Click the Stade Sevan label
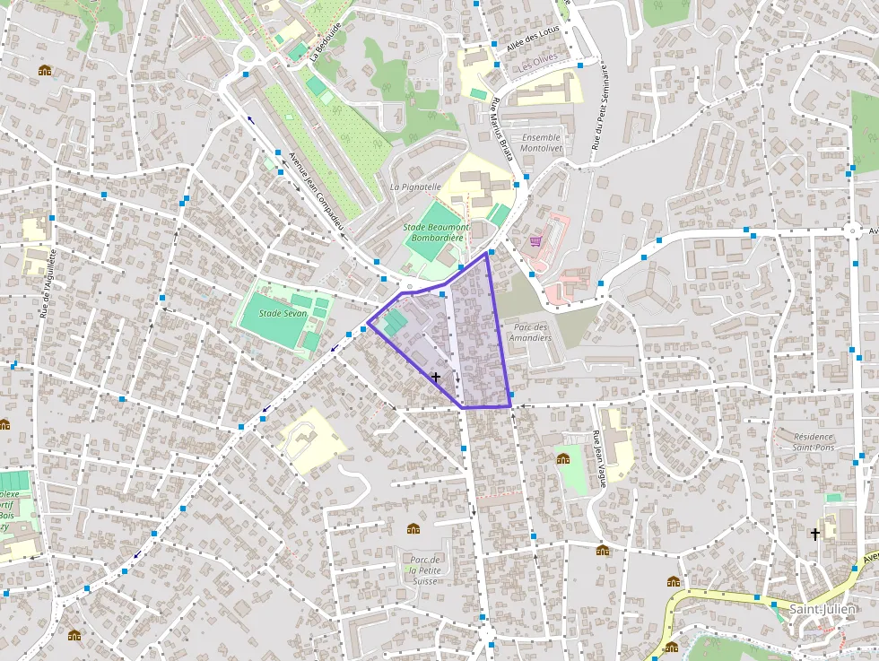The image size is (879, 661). pyautogui.click(x=283, y=314)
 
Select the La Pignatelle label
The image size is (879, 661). pyautogui.click(x=415, y=187)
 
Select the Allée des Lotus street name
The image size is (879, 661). pyautogui.click(x=532, y=41)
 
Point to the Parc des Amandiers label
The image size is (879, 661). pyautogui.click(x=529, y=332)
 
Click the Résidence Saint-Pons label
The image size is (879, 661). pyautogui.click(x=801, y=441)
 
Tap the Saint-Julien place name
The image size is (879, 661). pyautogui.click(x=822, y=610)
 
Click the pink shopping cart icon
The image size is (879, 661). pyautogui.click(x=535, y=240)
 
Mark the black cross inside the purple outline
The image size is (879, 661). pyautogui.click(x=436, y=378)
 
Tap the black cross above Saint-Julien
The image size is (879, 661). pyautogui.click(x=815, y=535)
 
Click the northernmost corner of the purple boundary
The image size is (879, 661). pyautogui.click(x=486, y=253)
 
